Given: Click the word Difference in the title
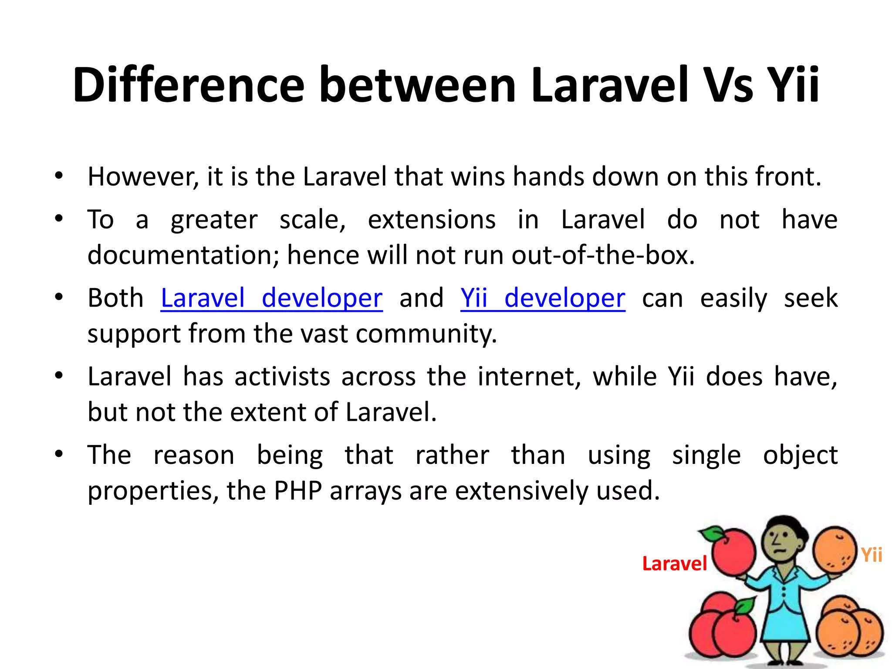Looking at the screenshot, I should coord(188,85).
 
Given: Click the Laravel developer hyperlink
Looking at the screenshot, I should coord(271,298).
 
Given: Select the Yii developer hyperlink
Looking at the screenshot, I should coord(543,298).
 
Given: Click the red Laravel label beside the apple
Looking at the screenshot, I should coord(674,564).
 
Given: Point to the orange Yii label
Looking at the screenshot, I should coord(872,555).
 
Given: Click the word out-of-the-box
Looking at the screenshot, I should coord(603,255).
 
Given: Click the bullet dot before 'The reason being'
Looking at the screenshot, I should coord(59,454).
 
